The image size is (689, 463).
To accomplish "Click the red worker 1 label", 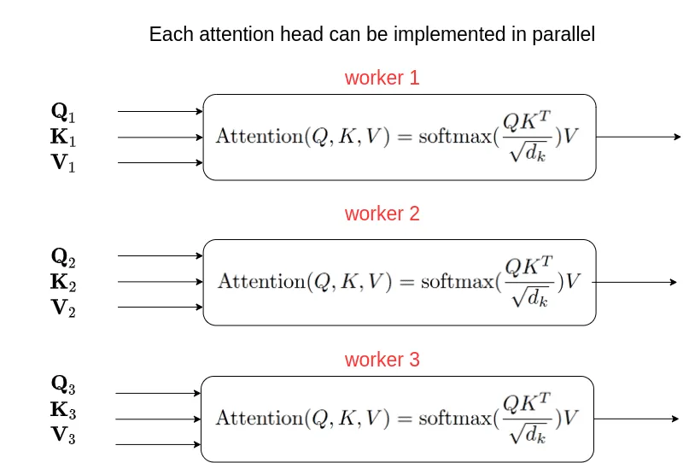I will tap(382, 78).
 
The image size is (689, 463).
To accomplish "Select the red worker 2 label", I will tap(382, 214).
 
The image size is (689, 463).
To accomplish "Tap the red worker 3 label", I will tap(382, 360).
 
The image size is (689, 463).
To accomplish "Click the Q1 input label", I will tap(63, 111).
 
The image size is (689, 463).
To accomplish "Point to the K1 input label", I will tap(63, 137).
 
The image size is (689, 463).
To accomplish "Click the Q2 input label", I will tap(63, 255).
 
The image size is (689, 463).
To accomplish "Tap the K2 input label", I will tap(63, 282).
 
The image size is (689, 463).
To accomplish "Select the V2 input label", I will tap(63, 308).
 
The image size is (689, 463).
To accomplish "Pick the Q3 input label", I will tap(63, 384).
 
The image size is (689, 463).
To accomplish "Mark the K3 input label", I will tap(63, 410).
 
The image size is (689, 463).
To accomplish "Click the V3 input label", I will tap(63, 436).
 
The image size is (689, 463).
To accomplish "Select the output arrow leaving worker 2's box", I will tap(636, 282).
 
